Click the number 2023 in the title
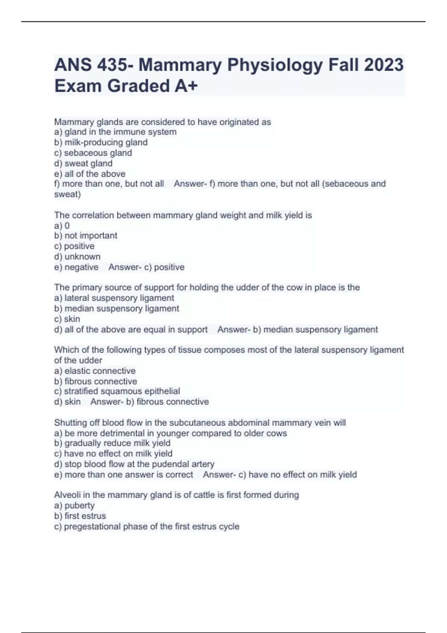pyautogui.click(x=383, y=65)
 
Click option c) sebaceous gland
pyautogui.click(x=93, y=153)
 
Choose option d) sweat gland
pyautogui.click(x=83, y=163)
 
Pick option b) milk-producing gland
pyautogui.click(x=101, y=142)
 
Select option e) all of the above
pyautogui.click(x=90, y=174)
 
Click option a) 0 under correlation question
pyautogui.click(x=62, y=226)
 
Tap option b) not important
pyautogui.click(x=86, y=235)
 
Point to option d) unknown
pyautogui.click(x=77, y=257)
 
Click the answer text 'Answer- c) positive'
pyautogui.click(x=146, y=267)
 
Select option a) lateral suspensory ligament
pyautogui.click(x=114, y=298)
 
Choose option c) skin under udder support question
pyautogui.click(x=67, y=319)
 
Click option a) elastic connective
pyautogui.click(x=95, y=371)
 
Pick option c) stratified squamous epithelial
pyautogui.click(x=117, y=391)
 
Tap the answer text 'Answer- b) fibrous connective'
pyautogui.click(x=150, y=401)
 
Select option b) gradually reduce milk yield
pyautogui.click(x=112, y=443)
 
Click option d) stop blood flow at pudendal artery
pyautogui.click(x=134, y=464)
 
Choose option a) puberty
pyautogui.click(x=74, y=505)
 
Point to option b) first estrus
pyautogui.click(x=80, y=516)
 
